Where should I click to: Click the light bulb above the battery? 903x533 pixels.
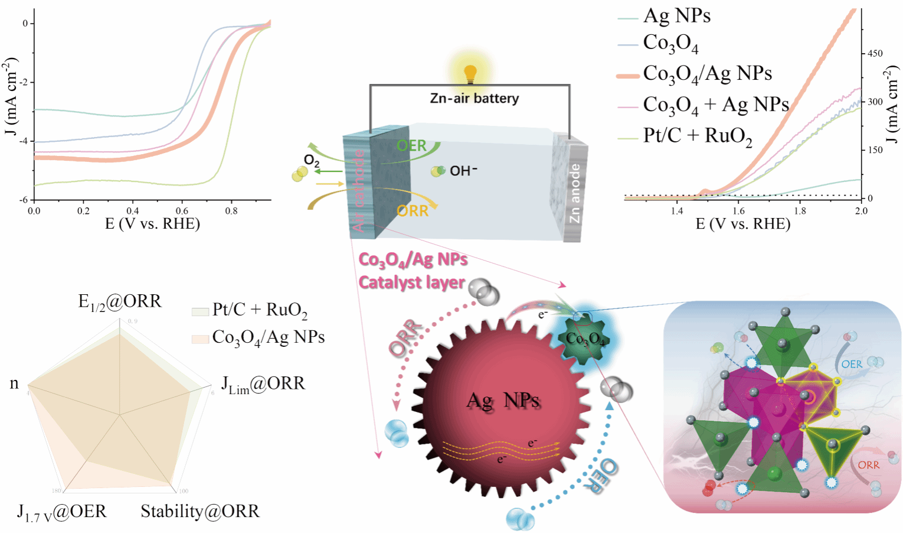[470, 74]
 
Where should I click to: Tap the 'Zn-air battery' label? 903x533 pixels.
[474, 98]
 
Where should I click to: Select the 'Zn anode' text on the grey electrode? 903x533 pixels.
[574, 193]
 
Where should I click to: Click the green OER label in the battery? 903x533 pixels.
[411, 145]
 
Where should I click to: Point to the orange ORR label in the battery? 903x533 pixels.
[413, 211]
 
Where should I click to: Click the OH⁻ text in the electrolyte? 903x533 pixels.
[463, 171]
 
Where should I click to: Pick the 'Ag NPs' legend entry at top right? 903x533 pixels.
[676, 16]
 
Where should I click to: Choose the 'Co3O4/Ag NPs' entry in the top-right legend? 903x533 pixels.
[707, 74]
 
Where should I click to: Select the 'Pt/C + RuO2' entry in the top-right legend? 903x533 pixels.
[697, 136]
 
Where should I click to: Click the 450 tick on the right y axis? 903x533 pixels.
[875, 53]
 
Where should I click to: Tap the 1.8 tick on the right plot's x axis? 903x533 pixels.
[800, 210]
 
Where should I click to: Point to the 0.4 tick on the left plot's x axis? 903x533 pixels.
[133, 210]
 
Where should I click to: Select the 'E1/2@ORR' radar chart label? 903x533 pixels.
[120, 302]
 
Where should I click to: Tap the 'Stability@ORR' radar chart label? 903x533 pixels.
[199, 511]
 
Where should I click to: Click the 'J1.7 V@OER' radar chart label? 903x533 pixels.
[62, 512]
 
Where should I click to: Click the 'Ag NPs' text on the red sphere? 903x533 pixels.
[503, 401]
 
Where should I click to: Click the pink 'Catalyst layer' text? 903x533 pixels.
[411, 282]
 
